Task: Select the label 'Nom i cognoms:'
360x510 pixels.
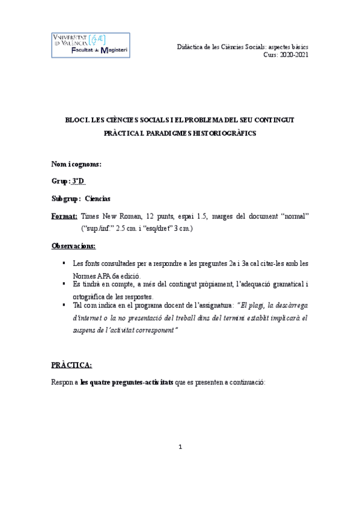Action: coord(76,164)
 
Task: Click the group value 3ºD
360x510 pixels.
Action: coord(78,181)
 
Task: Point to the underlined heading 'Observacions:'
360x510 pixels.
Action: coord(73,246)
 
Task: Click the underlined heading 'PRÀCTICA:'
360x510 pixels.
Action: coord(72,365)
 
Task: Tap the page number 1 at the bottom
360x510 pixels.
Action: coord(180,447)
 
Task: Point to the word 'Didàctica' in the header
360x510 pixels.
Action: coord(194,47)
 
